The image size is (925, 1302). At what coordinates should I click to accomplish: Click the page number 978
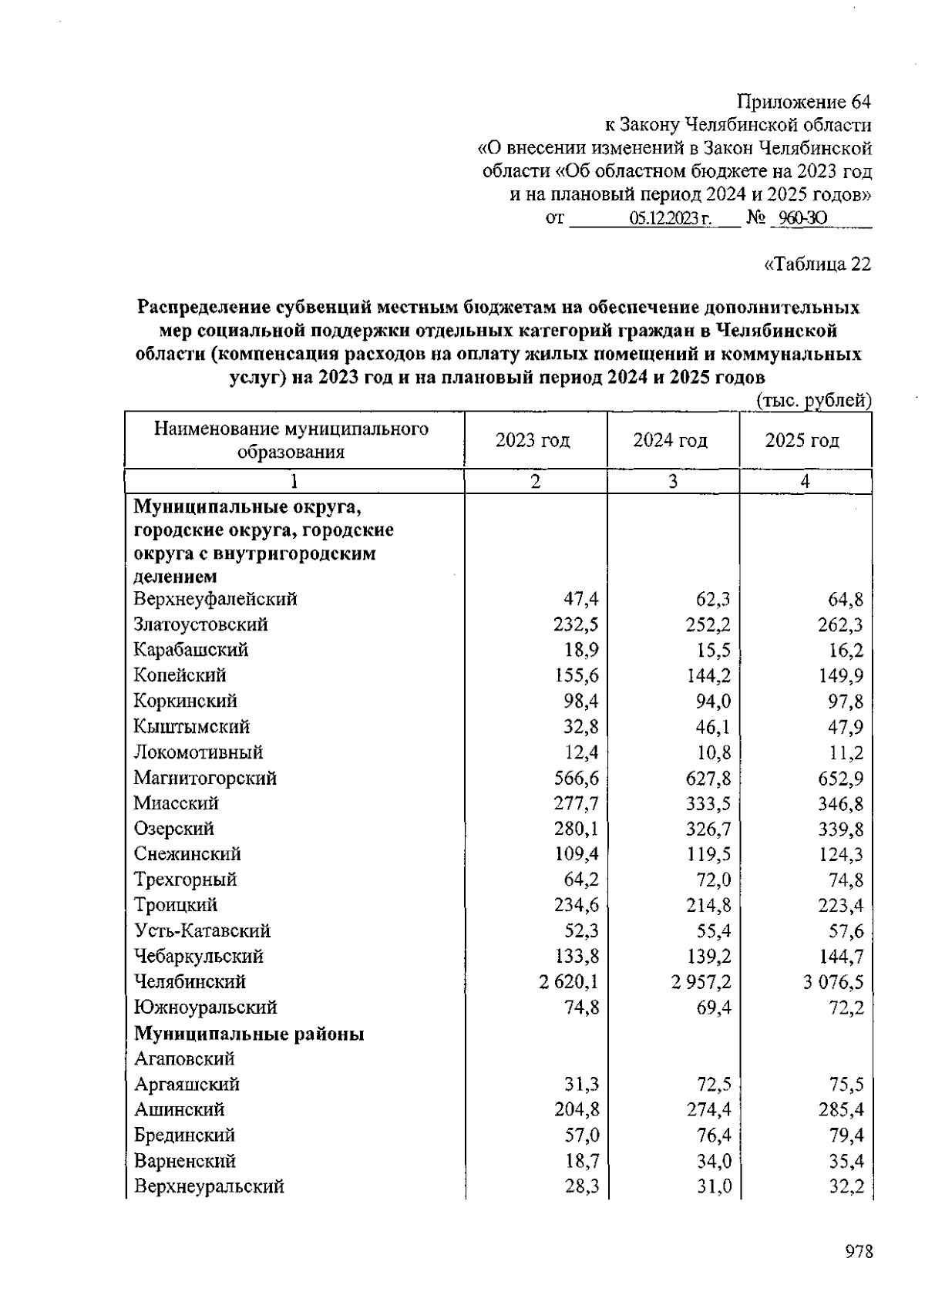(x=858, y=1251)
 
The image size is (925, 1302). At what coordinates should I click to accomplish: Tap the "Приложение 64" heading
(x=804, y=102)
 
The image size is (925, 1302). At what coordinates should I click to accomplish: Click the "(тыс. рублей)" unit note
(x=813, y=400)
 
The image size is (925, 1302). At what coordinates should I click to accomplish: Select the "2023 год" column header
(x=533, y=440)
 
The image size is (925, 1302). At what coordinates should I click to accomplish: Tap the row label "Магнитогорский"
(x=205, y=778)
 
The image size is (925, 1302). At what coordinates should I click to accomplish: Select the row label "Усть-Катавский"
(x=202, y=931)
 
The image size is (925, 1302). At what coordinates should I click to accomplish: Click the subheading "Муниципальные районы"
(x=249, y=1034)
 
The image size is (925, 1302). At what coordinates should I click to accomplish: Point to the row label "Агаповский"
(x=184, y=1059)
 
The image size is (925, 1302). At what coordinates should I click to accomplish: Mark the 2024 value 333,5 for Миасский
(x=708, y=803)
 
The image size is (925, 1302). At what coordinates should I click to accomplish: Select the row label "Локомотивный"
(x=198, y=752)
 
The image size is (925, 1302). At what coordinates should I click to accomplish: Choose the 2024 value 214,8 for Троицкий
(x=708, y=906)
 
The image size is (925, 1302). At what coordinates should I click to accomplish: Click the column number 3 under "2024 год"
(x=673, y=482)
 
